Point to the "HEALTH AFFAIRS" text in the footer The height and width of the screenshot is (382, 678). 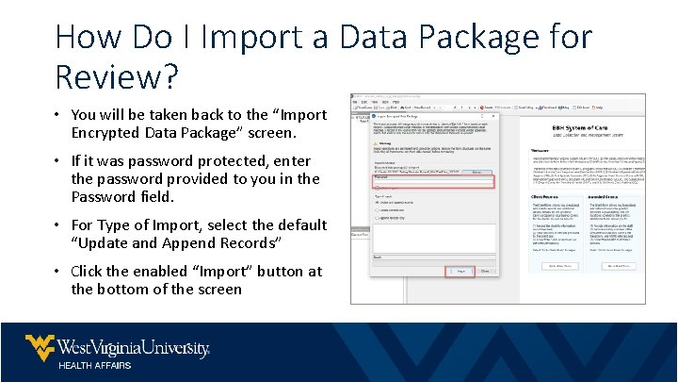point(95,365)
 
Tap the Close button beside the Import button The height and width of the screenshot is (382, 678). point(484,270)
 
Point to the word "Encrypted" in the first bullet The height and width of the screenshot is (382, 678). point(104,133)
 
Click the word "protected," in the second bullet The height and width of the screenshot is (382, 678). point(231,161)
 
